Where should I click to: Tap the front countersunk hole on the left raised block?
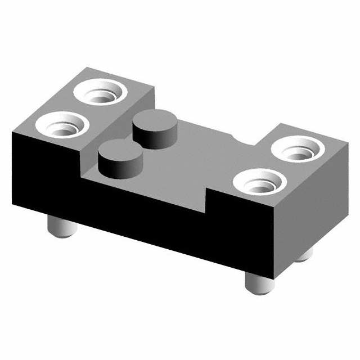click(62, 125)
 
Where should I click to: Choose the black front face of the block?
click(141, 208)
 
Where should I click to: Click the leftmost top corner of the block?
click(12, 130)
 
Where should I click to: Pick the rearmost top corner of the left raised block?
click(86, 67)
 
